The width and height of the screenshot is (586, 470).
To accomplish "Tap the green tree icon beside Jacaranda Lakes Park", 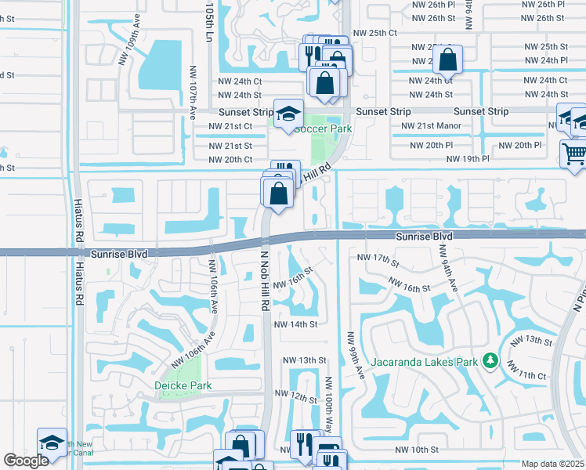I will click(x=491, y=360).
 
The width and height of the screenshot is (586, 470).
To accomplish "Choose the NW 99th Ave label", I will click(x=350, y=356).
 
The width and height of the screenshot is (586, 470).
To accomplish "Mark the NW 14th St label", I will click(x=295, y=324).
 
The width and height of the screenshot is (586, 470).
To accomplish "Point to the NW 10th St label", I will click(x=417, y=450).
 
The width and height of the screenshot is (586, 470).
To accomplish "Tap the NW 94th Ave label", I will click(x=448, y=270).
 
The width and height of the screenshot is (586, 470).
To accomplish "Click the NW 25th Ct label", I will click(x=376, y=33).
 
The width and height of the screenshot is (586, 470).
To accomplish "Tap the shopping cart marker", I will click(x=574, y=154).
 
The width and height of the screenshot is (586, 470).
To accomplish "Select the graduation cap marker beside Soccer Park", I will click(x=288, y=114).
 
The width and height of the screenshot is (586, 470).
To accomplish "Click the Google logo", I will click(x=26, y=461).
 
